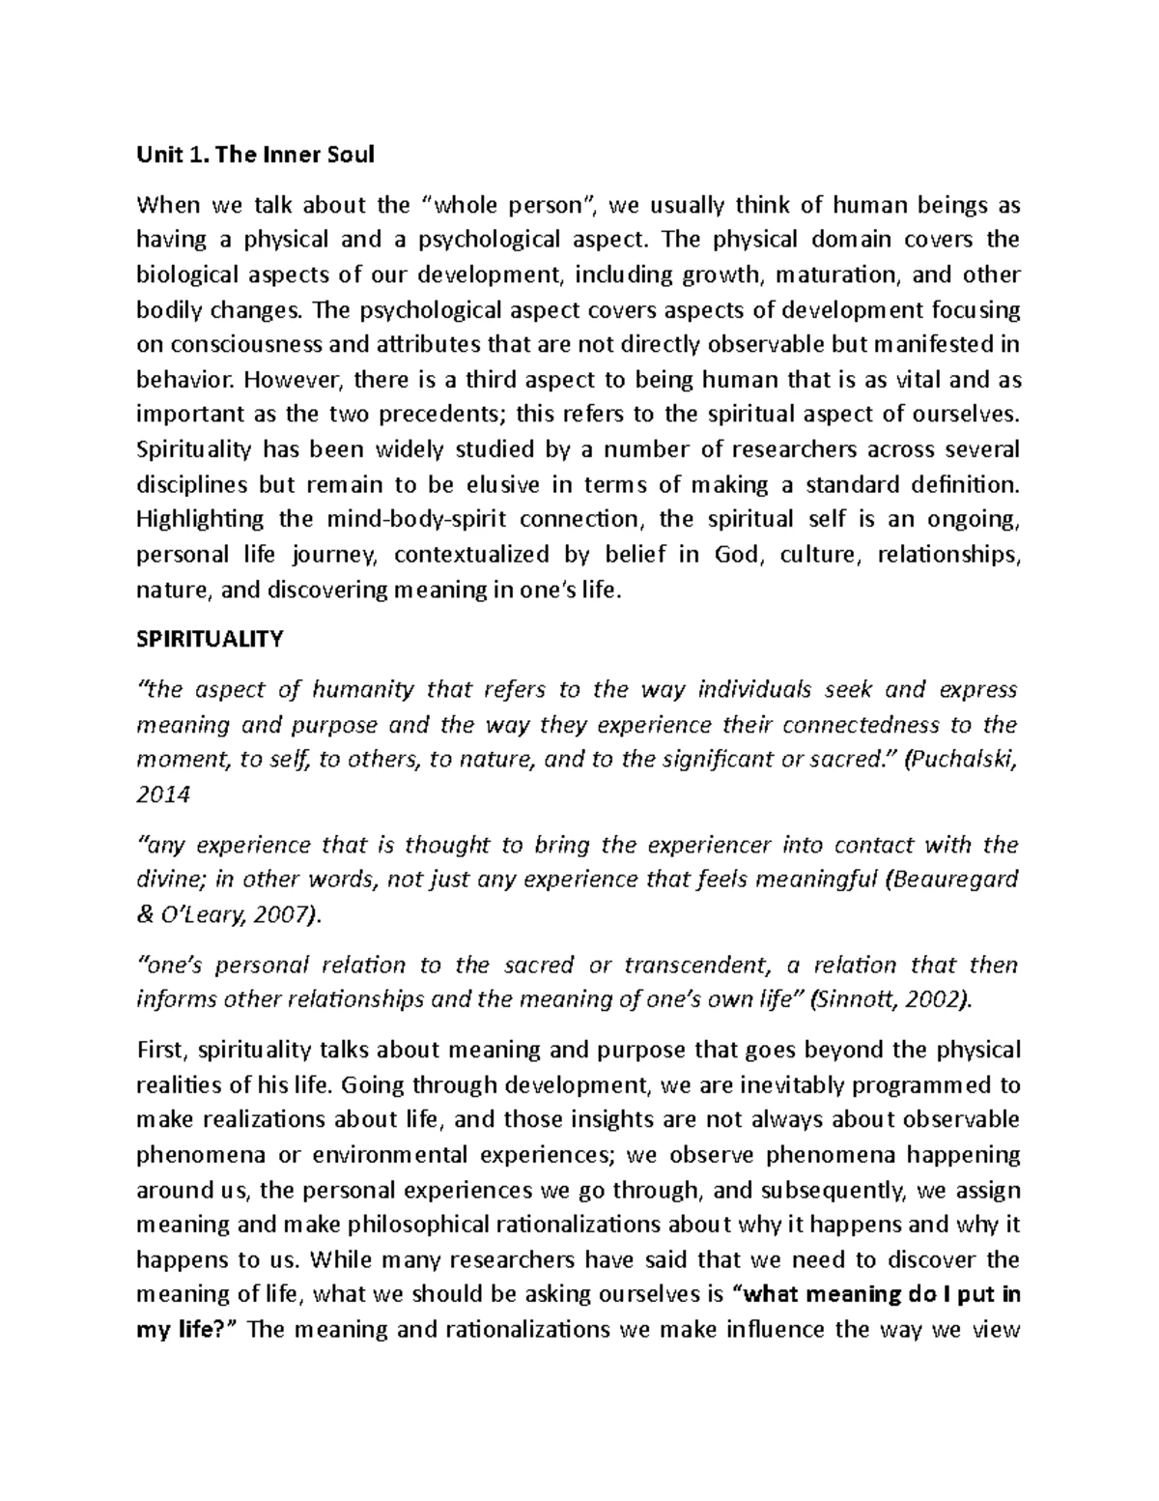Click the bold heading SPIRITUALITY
point(210,640)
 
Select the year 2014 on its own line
point(163,794)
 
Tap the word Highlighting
point(200,519)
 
